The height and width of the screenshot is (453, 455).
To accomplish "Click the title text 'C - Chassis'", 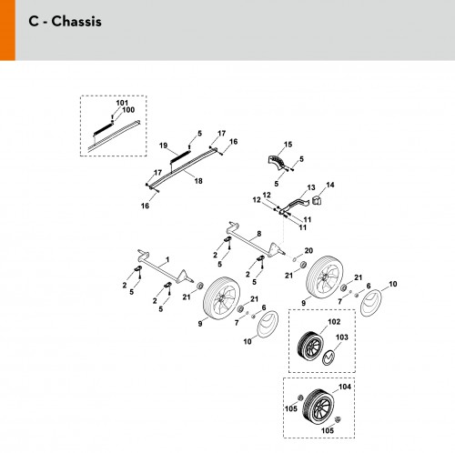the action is click(65, 22).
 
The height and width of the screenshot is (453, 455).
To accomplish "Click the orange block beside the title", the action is click(7, 30).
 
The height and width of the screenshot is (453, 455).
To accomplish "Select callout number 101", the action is click(122, 103).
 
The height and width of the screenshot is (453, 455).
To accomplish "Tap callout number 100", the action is click(128, 110).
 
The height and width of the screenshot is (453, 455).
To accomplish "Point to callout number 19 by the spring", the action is click(163, 146).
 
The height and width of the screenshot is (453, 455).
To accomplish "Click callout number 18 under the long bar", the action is click(198, 181).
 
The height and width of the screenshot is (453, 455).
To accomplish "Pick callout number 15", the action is click(288, 145).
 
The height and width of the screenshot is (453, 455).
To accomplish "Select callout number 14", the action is click(330, 185).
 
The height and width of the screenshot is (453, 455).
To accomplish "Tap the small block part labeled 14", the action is click(317, 200).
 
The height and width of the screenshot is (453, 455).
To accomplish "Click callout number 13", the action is click(311, 187).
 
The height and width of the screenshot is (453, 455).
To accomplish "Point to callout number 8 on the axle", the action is click(258, 234).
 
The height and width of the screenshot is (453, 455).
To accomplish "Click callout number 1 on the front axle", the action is click(167, 260).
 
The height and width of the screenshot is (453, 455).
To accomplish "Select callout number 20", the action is click(308, 251).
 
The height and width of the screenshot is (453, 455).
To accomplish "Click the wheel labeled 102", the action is click(310, 346).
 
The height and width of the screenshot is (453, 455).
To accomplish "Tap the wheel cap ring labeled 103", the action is click(329, 357).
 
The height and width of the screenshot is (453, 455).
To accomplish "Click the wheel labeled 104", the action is click(318, 407).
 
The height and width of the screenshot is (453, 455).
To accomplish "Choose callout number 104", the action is click(345, 387).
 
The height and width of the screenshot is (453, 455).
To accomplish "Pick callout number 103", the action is click(342, 337).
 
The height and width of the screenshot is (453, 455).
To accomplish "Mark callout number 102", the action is click(334, 322).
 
